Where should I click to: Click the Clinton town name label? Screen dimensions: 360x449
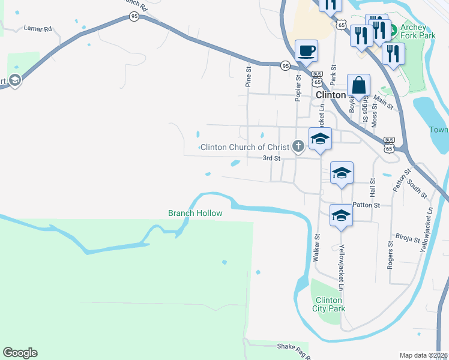[331, 95]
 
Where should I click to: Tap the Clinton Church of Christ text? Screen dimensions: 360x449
[245, 147]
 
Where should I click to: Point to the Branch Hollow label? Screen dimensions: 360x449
[195, 213]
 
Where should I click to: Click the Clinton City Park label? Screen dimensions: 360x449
[328, 304]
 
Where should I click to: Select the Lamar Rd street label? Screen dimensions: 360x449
[38, 28]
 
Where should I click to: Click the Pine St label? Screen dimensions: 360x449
[248, 77]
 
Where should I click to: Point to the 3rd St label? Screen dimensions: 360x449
[272, 158]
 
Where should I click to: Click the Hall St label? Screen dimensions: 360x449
[373, 188]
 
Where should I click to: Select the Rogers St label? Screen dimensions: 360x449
[390, 255]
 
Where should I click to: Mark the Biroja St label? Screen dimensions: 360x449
[408, 238]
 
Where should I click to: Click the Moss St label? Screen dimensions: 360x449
[375, 112]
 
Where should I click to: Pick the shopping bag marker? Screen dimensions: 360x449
[358, 85]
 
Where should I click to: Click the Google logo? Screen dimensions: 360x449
[20, 353]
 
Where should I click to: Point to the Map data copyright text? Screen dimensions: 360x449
[424, 355]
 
